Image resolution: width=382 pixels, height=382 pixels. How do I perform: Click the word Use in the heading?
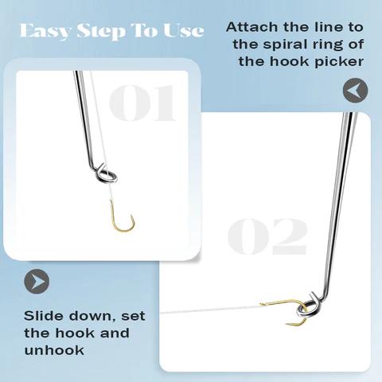pos(184,31)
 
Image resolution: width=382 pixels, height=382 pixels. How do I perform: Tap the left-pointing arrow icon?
pos(355,91)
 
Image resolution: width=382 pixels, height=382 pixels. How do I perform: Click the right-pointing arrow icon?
pos(37,281)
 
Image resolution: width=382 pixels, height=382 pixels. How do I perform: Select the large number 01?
pos(142,103)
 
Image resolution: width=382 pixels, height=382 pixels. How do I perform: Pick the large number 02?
pos(267,236)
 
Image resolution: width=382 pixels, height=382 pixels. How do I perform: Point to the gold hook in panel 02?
pos(289,301)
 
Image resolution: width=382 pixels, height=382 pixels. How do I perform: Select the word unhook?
pos(54,350)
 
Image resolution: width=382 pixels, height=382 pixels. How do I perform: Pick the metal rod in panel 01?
pos(85,119)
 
